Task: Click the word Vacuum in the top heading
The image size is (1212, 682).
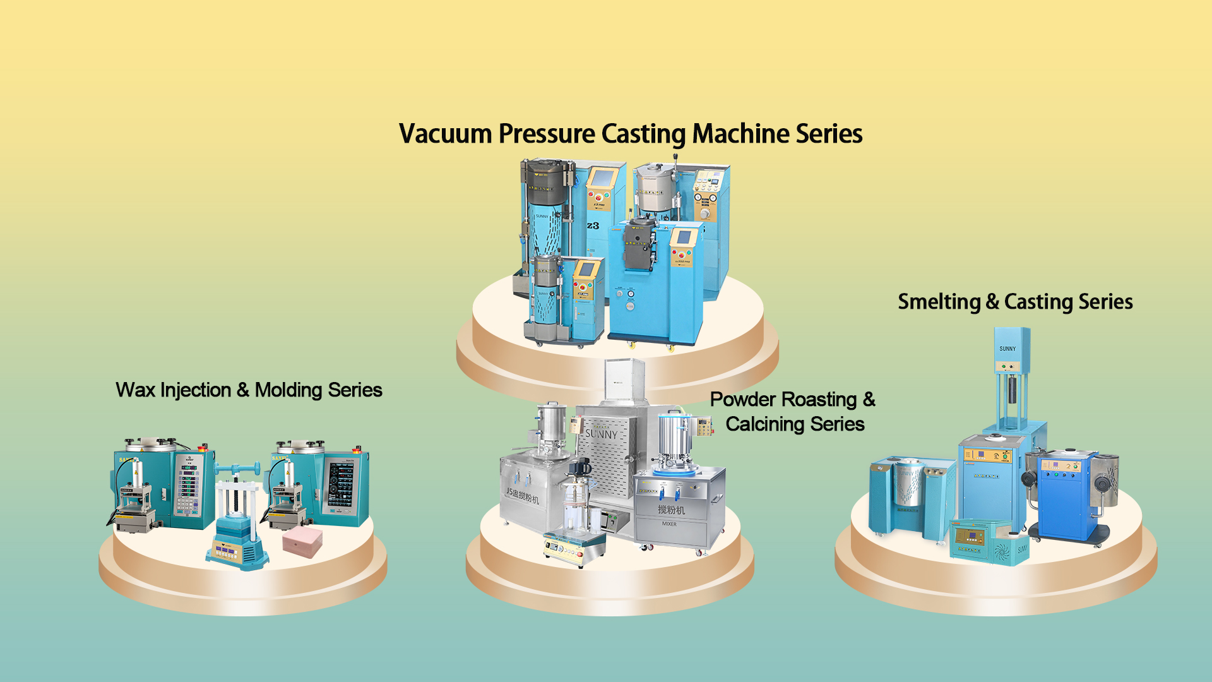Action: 445,134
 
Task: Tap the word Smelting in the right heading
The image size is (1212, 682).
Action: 939,302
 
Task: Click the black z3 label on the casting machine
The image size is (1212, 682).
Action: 593,225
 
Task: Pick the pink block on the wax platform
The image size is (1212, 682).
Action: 302,542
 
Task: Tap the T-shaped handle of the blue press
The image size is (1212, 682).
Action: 237,469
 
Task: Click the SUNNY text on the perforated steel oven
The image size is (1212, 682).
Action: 601,434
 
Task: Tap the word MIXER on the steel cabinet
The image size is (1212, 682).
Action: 669,524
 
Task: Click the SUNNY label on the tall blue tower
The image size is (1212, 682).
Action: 1007,349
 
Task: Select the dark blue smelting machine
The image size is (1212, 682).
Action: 1065,496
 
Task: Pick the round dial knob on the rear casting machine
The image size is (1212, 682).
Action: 704,213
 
